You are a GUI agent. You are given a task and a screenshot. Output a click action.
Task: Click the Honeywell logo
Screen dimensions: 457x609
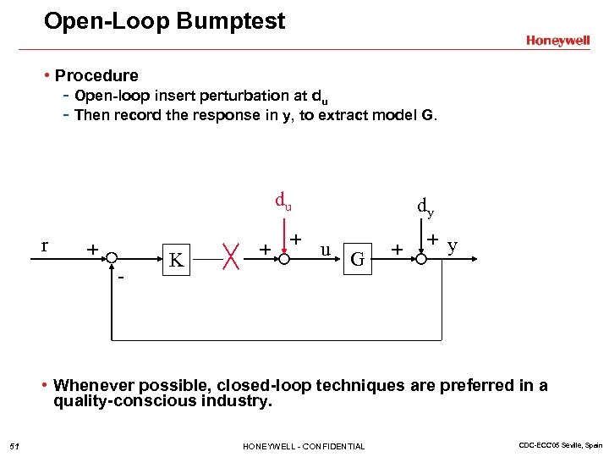pyautogui.click(x=557, y=41)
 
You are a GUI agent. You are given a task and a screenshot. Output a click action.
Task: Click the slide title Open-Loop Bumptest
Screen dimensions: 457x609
pyautogui.click(x=165, y=21)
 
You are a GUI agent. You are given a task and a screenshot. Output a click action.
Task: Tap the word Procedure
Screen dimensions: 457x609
pyautogui.click(x=96, y=75)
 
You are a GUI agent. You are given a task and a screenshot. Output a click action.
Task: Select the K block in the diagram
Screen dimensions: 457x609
pyautogui.click(x=176, y=260)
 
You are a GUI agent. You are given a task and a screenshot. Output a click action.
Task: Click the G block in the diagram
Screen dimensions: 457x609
pyautogui.click(x=358, y=259)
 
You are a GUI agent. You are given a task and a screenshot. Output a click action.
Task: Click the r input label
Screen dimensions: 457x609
pyautogui.click(x=44, y=246)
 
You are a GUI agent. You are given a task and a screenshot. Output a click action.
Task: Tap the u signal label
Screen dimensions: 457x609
pyautogui.click(x=325, y=251)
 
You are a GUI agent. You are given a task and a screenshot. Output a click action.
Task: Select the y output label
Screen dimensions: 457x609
pyautogui.click(x=453, y=246)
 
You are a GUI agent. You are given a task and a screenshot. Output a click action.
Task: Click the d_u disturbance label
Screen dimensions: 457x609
pyautogui.click(x=283, y=201)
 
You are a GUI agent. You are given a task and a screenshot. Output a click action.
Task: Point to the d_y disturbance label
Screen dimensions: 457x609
pyautogui.click(x=425, y=206)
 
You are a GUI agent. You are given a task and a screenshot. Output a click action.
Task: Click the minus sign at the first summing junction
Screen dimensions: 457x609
pyautogui.click(x=120, y=277)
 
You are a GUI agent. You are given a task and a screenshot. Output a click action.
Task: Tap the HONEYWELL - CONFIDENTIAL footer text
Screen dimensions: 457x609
pyautogui.click(x=304, y=446)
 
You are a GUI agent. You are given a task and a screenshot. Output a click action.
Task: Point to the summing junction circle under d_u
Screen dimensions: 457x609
pyautogui.click(x=283, y=254)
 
